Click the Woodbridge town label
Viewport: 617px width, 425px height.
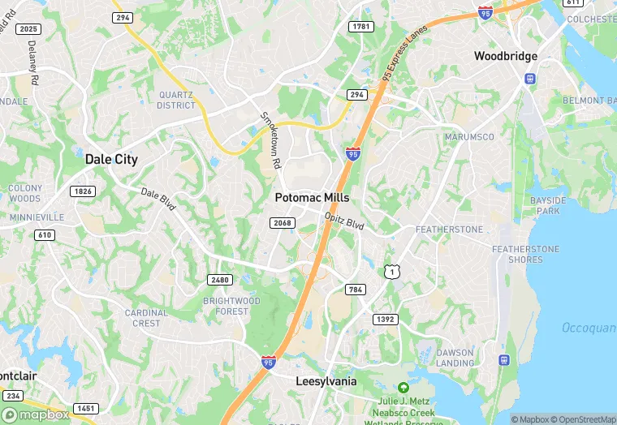click(x=506, y=56)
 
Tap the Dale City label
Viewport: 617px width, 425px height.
click(x=111, y=160)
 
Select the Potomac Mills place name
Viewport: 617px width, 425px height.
click(x=312, y=197)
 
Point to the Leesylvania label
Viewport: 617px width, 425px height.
click(x=326, y=381)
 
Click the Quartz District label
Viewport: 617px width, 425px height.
click(x=176, y=100)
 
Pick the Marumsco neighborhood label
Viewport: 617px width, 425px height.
click(x=469, y=137)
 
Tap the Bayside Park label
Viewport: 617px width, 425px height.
click(x=545, y=205)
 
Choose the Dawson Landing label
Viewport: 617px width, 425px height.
click(x=455, y=358)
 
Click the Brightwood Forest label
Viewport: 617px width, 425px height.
click(x=231, y=306)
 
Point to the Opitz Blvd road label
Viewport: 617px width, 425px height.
click(x=344, y=220)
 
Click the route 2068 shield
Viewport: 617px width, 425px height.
click(x=283, y=222)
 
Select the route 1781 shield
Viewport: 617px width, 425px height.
click(x=360, y=28)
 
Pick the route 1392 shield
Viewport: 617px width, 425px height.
click(x=386, y=320)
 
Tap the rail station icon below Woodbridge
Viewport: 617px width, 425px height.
click(x=530, y=79)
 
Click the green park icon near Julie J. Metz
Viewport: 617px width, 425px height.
click(x=403, y=389)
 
